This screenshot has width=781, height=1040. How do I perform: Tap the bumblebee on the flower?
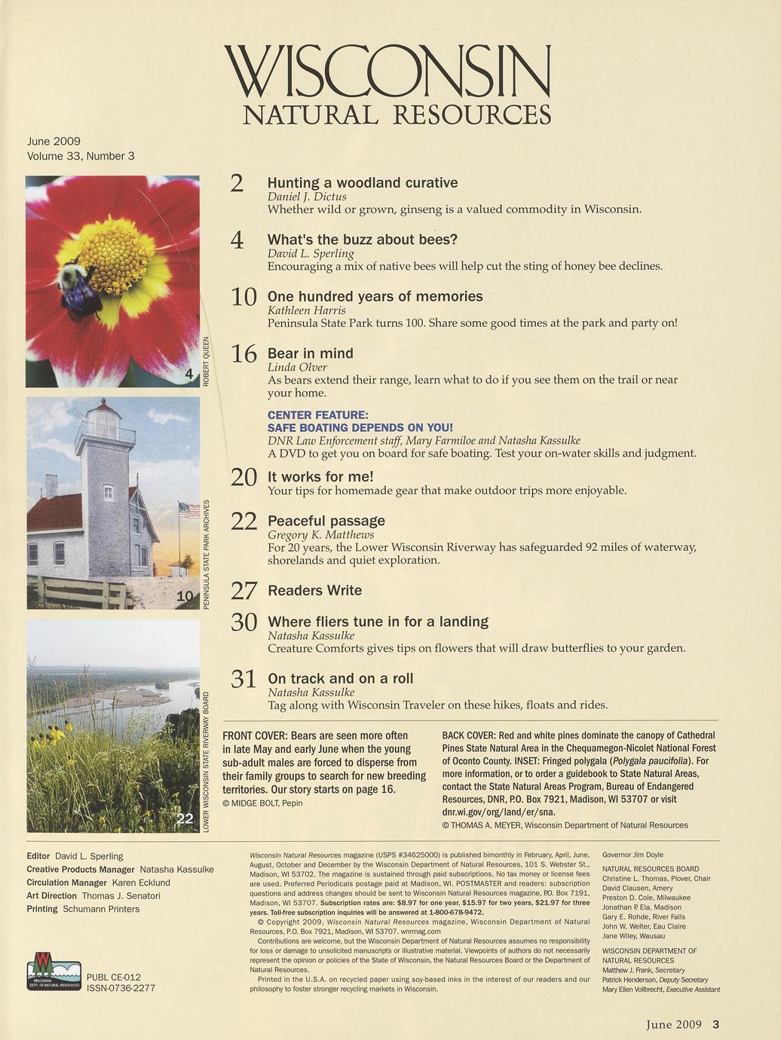pyautogui.click(x=77, y=288)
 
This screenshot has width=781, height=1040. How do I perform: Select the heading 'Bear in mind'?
pyautogui.click(x=311, y=353)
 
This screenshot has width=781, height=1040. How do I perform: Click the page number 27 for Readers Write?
pyautogui.click(x=244, y=591)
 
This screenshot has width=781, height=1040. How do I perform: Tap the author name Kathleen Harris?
pyautogui.click(x=307, y=310)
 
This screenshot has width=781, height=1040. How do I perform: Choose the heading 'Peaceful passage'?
pyautogui.click(x=326, y=521)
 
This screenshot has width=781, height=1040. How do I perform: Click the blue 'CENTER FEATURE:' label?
pyautogui.click(x=318, y=415)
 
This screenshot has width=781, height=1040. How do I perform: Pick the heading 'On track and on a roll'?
pyautogui.click(x=341, y=678)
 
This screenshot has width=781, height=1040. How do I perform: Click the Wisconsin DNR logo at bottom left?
pyautogui.click(x=54, y=972)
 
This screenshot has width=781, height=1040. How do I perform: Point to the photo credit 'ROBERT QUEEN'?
pyautogui.click(x=206, y=362)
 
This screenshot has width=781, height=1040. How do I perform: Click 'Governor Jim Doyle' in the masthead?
pyautogui.click(x=633, y=855)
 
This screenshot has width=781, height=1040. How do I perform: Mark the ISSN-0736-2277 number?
pyautogui.click(x=121, y=988)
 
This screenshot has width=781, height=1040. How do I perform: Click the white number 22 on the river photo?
pyautogui.click(x=185, y=819)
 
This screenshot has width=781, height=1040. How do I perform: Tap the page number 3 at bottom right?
pyautogui.click(x=716, y=1024)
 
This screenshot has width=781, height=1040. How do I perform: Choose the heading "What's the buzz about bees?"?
pyautogui.click(x=363, y=240)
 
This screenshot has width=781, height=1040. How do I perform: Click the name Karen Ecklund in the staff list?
pyautogui.click(x=141, y=882)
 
